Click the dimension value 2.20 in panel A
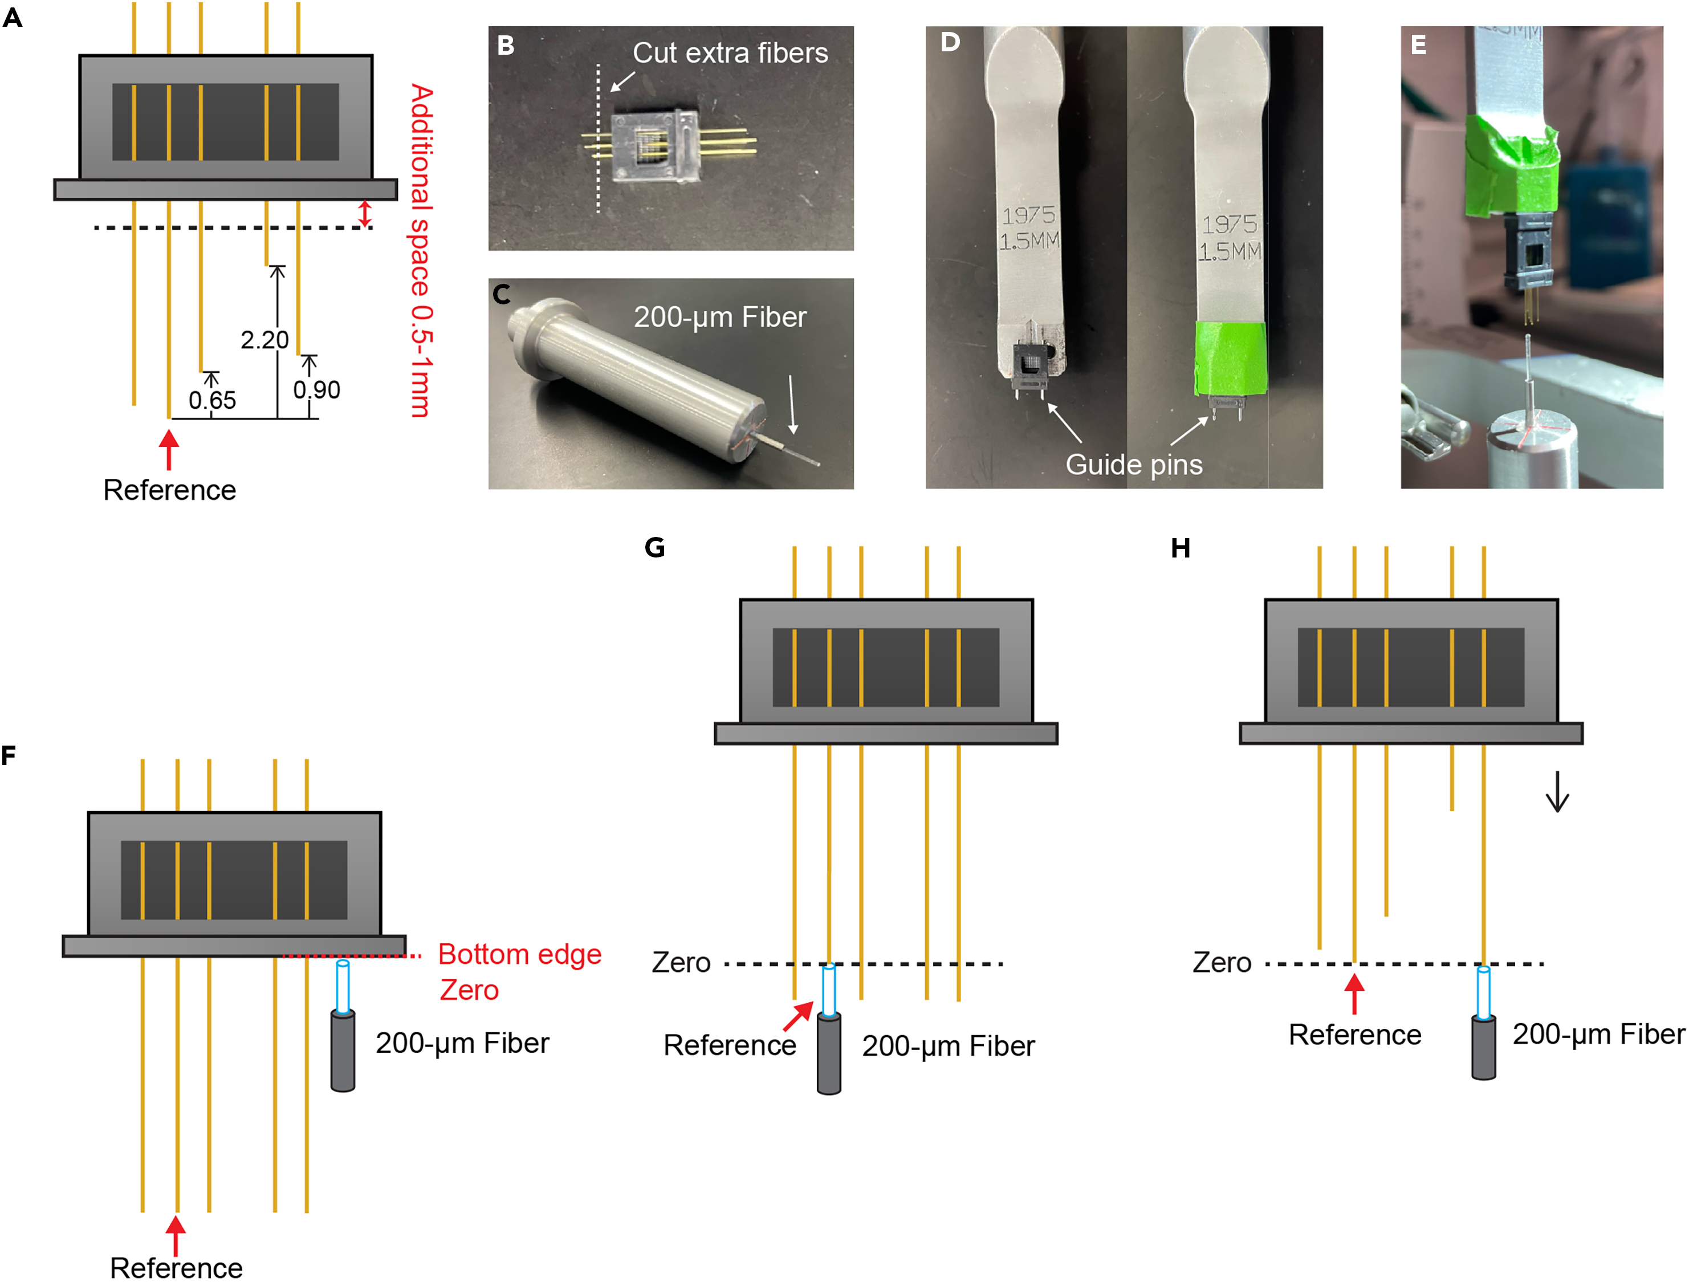[264, 340]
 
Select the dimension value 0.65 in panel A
[212, 400]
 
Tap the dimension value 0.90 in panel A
[316, 390]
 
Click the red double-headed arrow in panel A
[365, 214]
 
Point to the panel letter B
[506, 46]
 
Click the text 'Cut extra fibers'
[730, 52]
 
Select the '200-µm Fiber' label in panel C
[719, 317]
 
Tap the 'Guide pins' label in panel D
[1133, 464]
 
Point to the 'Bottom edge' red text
[519, 954]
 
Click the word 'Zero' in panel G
[681, 963]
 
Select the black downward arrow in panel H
[1557, 792]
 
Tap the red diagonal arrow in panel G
[799, 1016]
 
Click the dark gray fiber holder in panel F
[343, 1051]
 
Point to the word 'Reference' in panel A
[169, 490]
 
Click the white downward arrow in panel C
[792, 404]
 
